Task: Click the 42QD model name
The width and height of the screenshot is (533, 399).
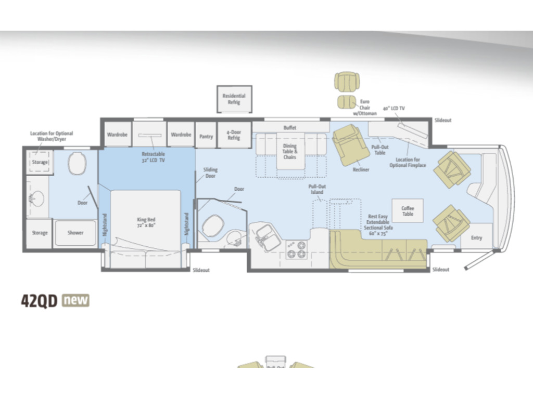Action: (39, 301)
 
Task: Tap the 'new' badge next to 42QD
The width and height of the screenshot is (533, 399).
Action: (75, 300)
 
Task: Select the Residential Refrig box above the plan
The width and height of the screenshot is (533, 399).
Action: (234, 99)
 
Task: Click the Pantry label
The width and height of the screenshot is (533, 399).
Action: (206, 137)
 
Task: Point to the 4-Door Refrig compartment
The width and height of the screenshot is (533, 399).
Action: (234, 135)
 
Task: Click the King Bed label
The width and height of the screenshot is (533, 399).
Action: (146, 222)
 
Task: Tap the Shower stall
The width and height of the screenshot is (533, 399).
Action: (75, 233)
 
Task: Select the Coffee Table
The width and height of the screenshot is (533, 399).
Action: (408, 211)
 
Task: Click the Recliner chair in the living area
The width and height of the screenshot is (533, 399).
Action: (350, 144)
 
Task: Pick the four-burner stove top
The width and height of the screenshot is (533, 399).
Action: (296, 250)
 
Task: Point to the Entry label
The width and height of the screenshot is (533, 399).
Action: (476, 238)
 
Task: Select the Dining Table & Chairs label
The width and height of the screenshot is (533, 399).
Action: (289, 151)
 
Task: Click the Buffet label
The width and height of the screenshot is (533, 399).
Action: (289, 128)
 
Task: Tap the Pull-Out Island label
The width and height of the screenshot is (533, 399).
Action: (317, 189)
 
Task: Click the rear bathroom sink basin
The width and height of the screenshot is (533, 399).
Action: (36, 198)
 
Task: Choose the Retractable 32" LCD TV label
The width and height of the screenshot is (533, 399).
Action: (154, 157)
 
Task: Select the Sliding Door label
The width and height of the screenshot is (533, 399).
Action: (210, 172)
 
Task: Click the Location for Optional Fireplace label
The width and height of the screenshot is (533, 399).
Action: (408, 162)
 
